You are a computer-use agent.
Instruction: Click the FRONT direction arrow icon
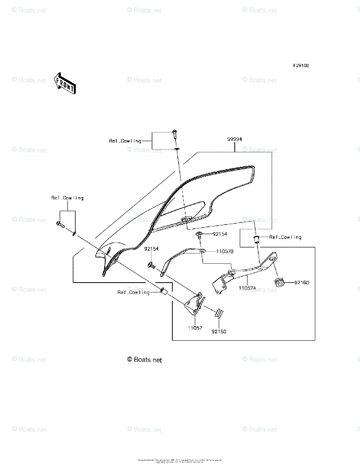click(x=65, y=83)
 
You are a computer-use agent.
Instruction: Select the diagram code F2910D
click(x=300, y=66)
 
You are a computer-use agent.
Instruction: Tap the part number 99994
click(x=234, y=139)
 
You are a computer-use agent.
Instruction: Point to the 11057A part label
click(x=247, y=288)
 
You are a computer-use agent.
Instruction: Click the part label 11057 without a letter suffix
click(x=195, y=328)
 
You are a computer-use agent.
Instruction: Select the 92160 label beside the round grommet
click(x=302, y=283)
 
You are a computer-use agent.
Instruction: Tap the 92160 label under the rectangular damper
click(x=219, y=331)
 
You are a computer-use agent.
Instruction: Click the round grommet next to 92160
click(x=279, y=282)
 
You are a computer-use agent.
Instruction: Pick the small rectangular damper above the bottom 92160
click(x=219, y=313)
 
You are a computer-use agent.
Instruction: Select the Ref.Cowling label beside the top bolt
click(x=125, y=141)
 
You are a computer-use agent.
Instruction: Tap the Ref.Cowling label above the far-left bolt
click(x=67, y=198)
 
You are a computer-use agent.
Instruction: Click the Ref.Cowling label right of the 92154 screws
click(x=285, y=237)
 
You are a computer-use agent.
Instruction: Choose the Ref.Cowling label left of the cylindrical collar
click(x=133, y=292)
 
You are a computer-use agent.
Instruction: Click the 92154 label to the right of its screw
click(x=220, y=234)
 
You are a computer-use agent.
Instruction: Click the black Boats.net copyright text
click(x=144, y=360)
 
